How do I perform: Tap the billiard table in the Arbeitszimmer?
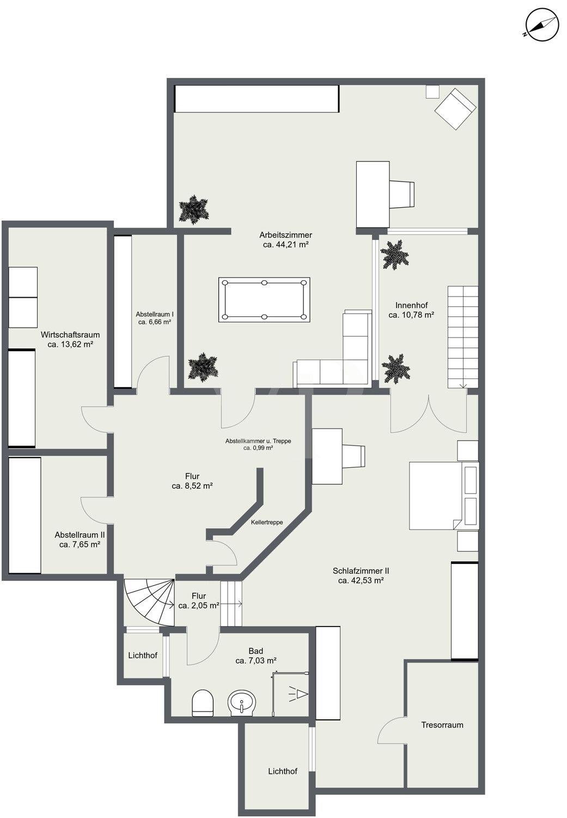point(264,299)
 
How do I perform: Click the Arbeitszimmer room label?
point(285,235)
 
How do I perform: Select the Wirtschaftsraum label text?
point(70,334)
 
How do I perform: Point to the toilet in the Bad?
point(203,703)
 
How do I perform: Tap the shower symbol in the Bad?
point(290,694)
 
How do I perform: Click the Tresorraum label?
point(442,725)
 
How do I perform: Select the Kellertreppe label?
point(266,522)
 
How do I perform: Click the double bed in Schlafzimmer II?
point(444,496)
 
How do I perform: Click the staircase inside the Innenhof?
point(463,336)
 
